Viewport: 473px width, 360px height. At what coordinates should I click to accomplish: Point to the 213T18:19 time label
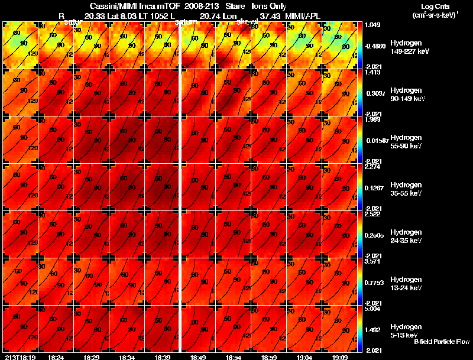pyautogui.click(x=20, y=356)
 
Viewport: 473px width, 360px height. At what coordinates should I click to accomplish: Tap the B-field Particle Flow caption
pyautogui.click(x=441, y=342)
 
